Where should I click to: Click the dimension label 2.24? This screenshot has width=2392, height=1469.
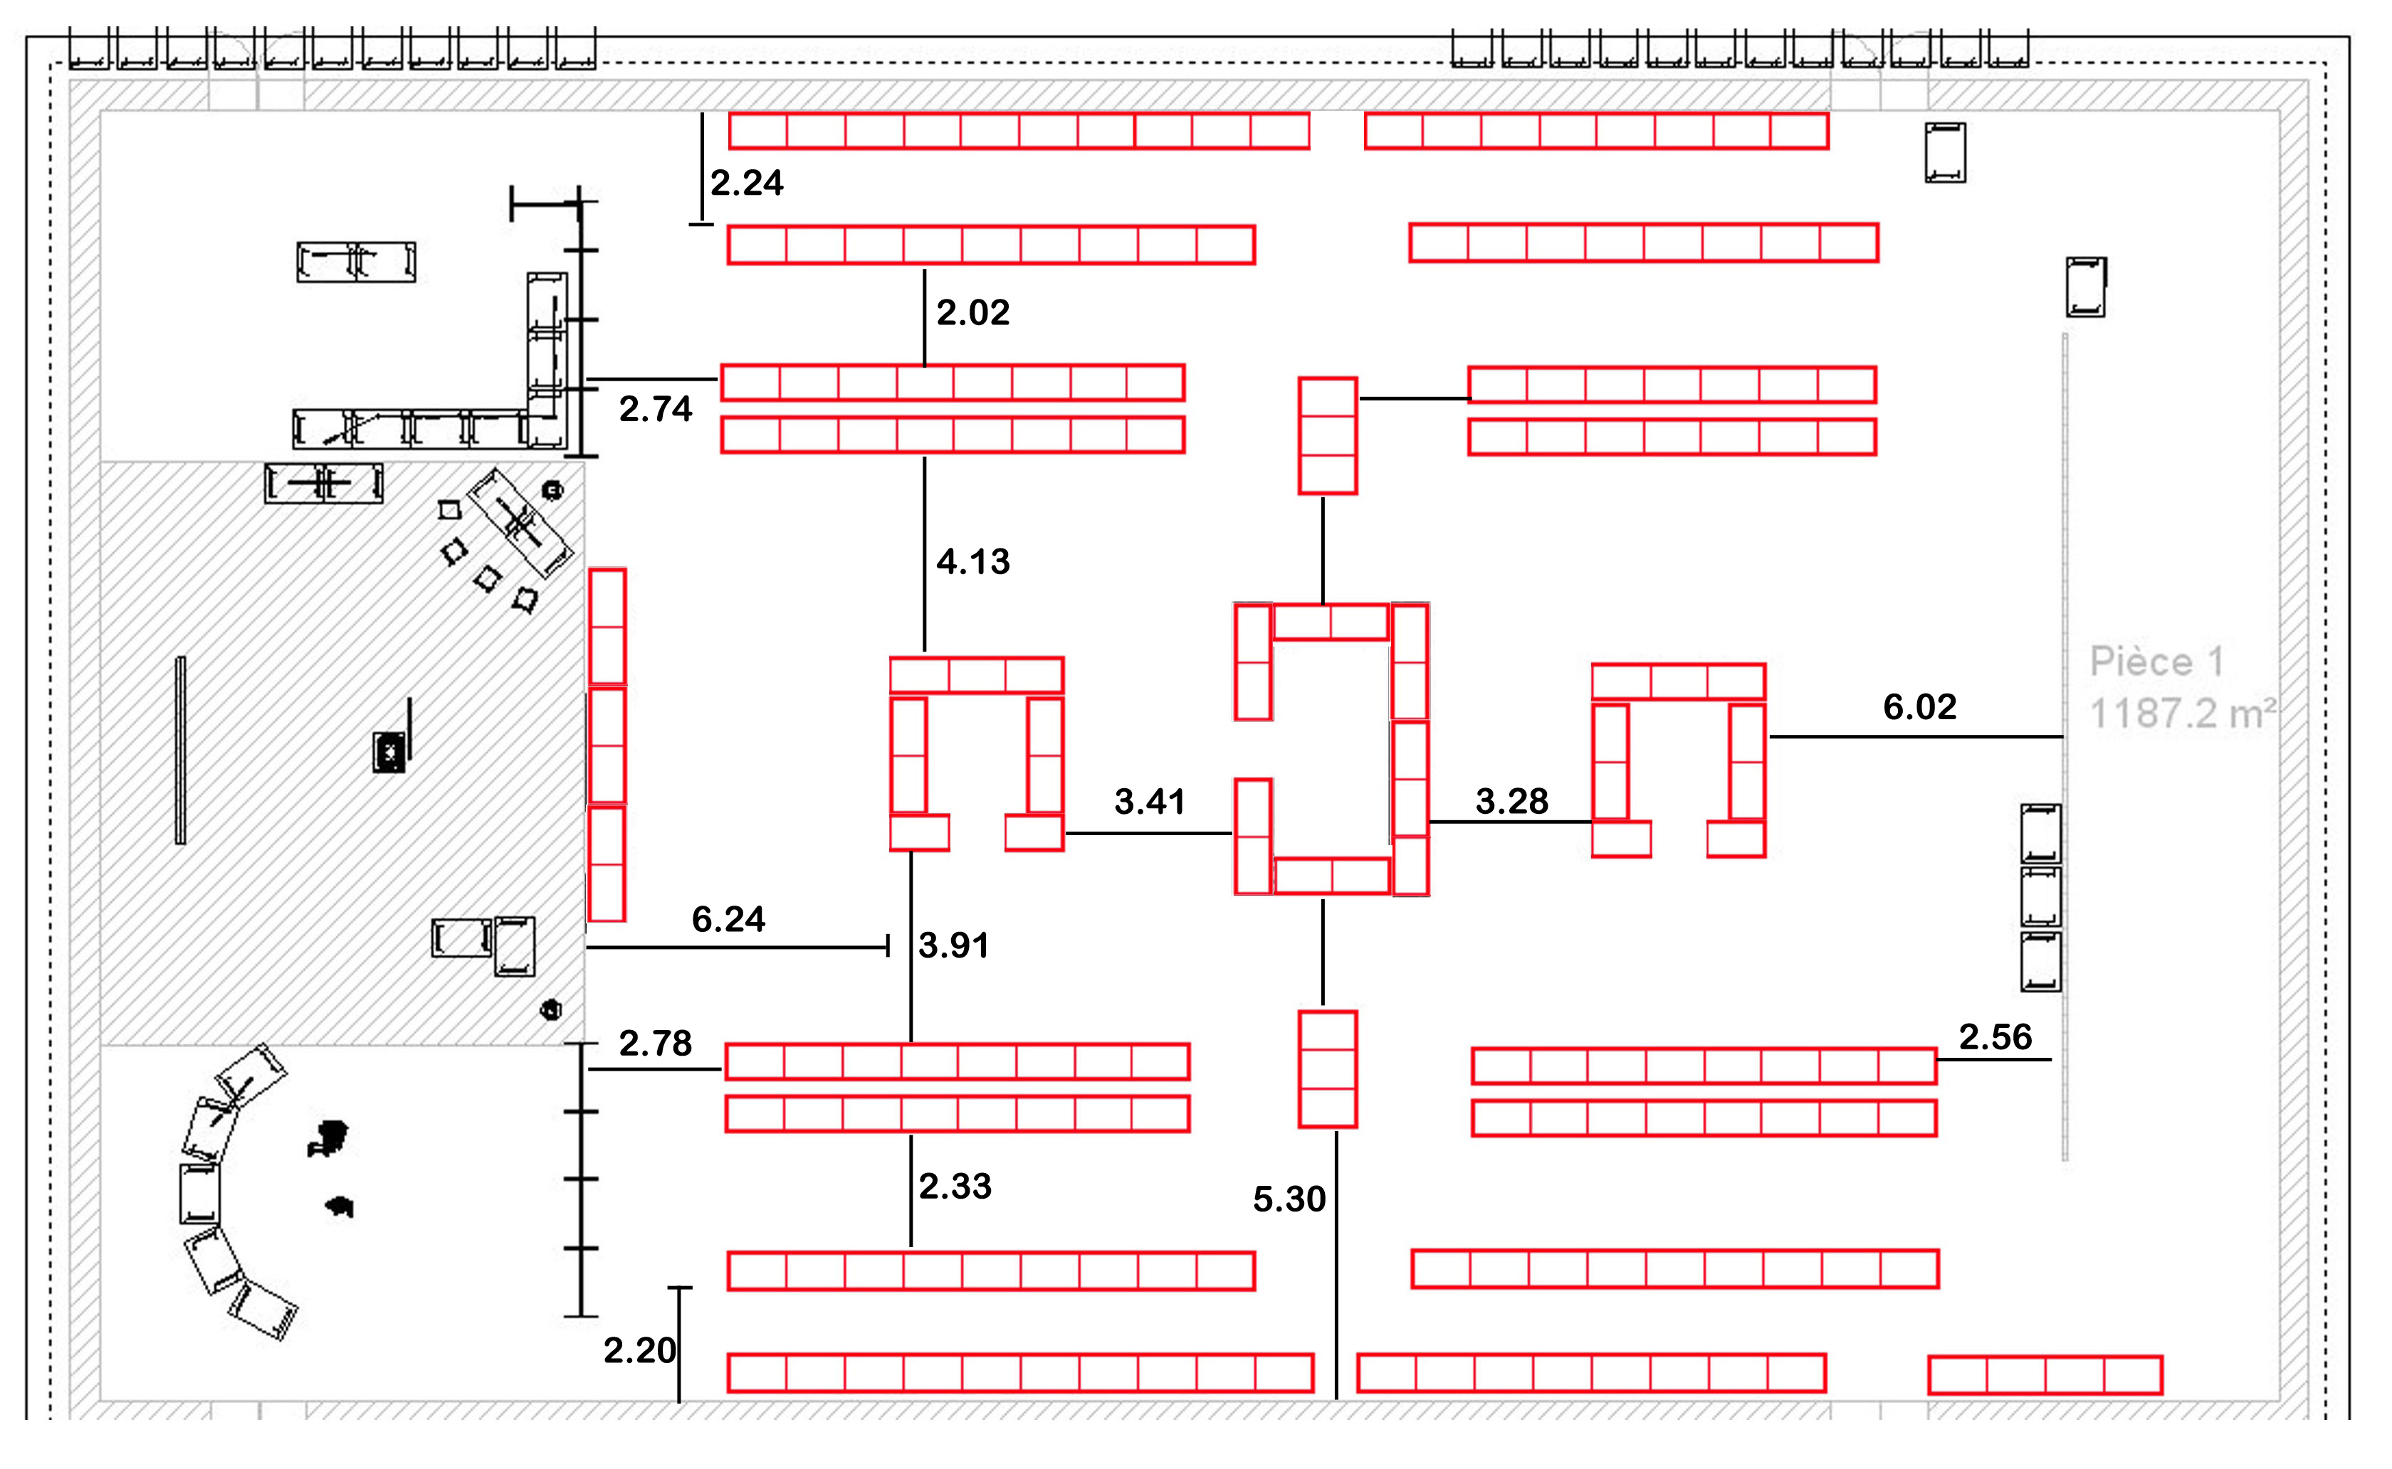[x=747, y=183]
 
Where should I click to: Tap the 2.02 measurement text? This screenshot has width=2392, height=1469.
[x=973, y=313]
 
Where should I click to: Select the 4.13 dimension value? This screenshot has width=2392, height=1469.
[x=973, y=561]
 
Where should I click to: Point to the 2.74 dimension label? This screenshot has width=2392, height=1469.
[x=655, y=409]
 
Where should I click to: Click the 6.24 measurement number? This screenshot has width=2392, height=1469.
[x=728, y=919]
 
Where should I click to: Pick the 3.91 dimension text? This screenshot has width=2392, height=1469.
[x=953, y=945]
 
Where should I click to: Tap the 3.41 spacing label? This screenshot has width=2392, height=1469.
[x=1150, y=802]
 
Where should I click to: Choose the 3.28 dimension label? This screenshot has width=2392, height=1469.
[x=1511, y=802]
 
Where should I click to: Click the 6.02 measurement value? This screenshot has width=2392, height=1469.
[x=1919, y=707]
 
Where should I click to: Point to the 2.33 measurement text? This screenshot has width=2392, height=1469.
[x=955, y=1187]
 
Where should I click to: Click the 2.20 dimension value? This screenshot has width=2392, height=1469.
[x=639, y=1350]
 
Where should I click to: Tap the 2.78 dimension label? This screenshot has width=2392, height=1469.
[x=655, y=1044]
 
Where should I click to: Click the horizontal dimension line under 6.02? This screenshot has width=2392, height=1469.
[x=1915, y=736]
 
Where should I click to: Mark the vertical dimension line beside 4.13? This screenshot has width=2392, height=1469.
[x=924, y=553]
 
